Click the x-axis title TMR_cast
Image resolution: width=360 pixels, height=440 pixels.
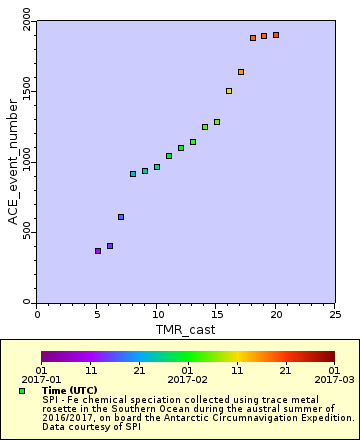(x=186, y=329)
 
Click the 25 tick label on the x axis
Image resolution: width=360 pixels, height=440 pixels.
(x=334, y=314)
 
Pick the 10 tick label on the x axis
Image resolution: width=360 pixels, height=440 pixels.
(x=156, y=314)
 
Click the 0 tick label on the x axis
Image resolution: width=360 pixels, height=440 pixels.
(x=37, y=314)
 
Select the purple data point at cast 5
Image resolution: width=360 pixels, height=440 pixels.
(x=97, y=251)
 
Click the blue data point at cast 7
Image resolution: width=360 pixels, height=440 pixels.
(x=121, y=217)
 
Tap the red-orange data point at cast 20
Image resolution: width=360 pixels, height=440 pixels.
(x=276, y=35)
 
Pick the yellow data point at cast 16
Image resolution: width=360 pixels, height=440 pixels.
(x=229, y=91)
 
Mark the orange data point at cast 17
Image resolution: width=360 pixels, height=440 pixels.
(x=241, y=72)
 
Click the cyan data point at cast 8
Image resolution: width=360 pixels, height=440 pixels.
(x=133, y=174)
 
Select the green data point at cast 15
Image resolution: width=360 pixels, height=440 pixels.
(x=217, y=122)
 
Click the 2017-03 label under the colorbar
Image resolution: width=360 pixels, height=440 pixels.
(x=334, y=380)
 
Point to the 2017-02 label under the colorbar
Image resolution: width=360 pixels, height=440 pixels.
(x=187, y=380)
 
